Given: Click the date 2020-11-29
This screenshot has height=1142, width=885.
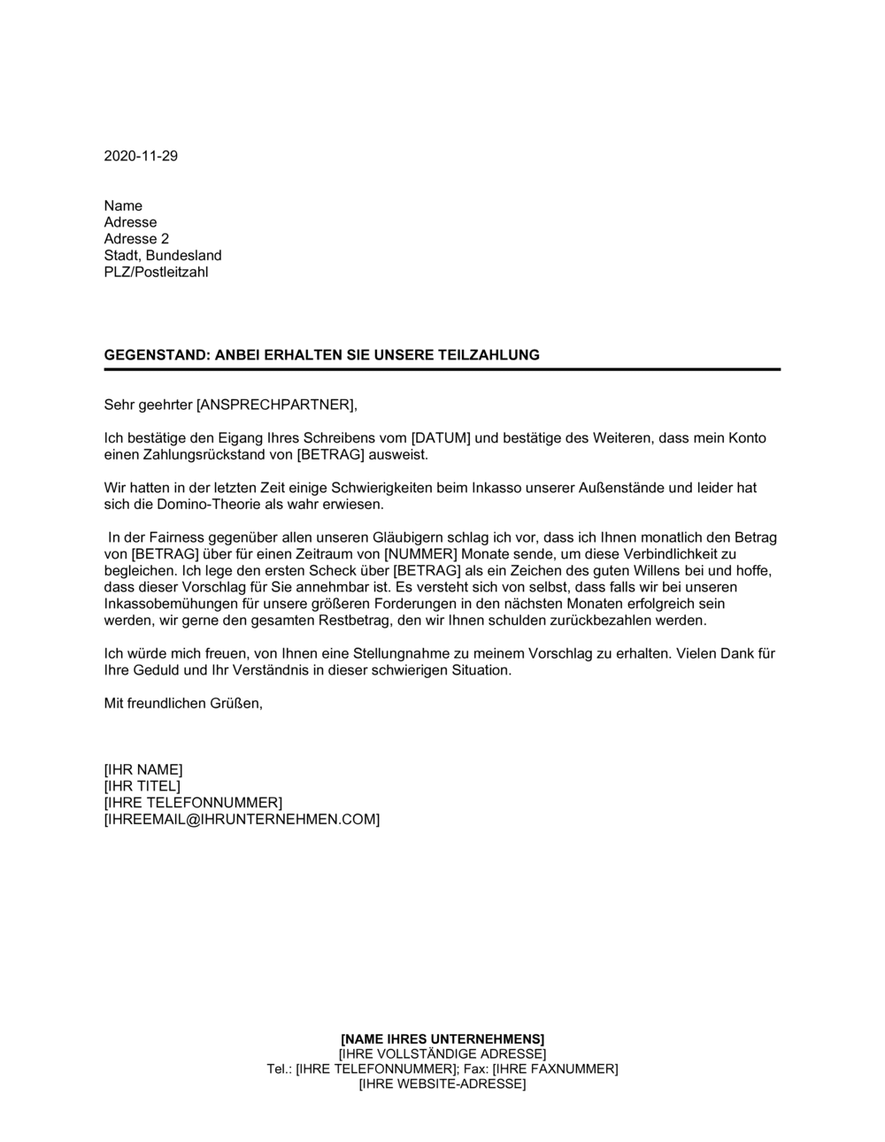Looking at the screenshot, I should pyautogui.click(x=141, y=156).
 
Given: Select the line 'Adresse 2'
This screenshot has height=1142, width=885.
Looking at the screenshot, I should pyautogui.click(x=136, y=239).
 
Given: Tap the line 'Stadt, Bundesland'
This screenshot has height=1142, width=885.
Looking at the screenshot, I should pyautogui.click(x=163, y=256).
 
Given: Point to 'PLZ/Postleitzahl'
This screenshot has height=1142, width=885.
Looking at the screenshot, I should pyautogui.click(x=156, y=273).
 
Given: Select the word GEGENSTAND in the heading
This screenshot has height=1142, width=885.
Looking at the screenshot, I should pyautogui.click(x=156, y=355).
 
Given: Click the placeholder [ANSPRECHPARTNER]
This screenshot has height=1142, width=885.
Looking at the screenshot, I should pyautogui.click(x=275, y=405).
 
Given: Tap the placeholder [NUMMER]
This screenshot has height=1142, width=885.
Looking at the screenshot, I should pyautogui.click(x=421, y=554).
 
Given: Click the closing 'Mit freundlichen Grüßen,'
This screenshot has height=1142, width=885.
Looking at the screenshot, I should pyautogui.click(x=183, y=704).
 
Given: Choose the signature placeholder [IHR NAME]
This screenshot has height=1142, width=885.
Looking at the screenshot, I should pyautogui.click(x=143, y=770).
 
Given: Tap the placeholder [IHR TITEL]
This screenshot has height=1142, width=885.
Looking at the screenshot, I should pyautogui.click(x=142, y=786).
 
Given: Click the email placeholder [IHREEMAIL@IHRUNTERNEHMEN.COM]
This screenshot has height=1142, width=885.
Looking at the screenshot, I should pyautogui.click(x=242, y=820).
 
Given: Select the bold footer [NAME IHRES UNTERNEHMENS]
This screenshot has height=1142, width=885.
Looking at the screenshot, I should pyautogui.click(x=442, y=1039).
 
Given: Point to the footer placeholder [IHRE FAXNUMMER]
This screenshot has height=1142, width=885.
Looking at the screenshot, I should pyautogui.click(x=555, y=1069).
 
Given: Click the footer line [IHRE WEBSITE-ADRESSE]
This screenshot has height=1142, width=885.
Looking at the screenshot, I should pyautogui.click(x=442, y=1084).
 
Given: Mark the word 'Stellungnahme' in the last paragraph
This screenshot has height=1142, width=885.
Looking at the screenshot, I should pyautogui.click(x=397, y=653).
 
